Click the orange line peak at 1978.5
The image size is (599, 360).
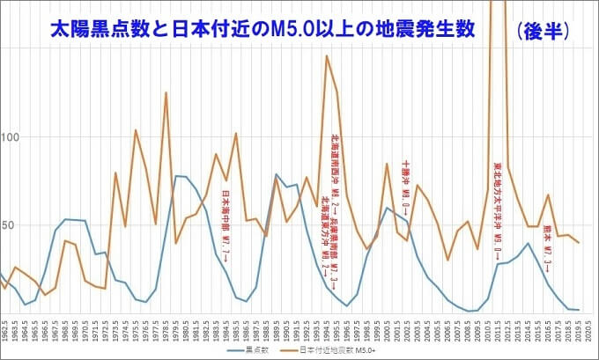166,92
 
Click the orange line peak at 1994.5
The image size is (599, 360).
326,56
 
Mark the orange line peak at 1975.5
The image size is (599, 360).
135,130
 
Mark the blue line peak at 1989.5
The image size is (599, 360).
276,174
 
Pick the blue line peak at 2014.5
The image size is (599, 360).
527,243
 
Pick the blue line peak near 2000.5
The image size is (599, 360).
387,208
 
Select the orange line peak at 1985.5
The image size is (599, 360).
236,134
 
